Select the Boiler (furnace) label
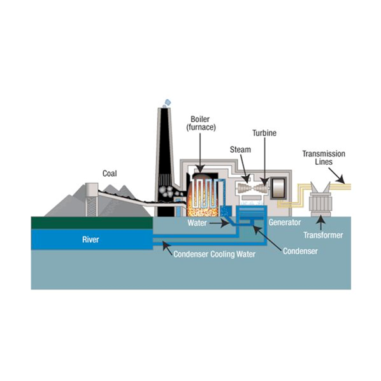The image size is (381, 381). tap(201, 123)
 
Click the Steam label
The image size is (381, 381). tap(240, 149)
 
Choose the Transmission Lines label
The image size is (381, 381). tap(324, 158)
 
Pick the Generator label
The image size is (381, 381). tap(285, 223)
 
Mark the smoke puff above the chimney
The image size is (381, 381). tap(167, 102)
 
